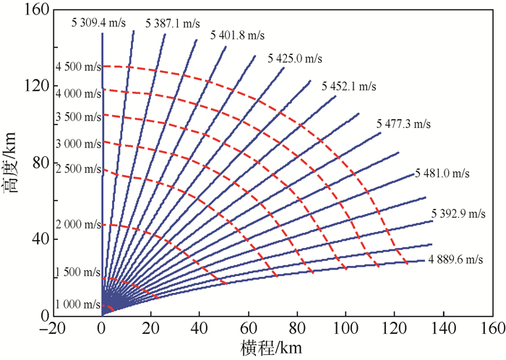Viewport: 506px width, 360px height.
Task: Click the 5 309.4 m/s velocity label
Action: pos(99,22)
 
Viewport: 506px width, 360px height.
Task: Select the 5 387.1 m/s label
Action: pos(172,23)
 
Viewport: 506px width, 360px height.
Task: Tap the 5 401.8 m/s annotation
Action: pos(238,35)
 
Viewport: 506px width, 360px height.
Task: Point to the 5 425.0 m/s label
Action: pos(295,58)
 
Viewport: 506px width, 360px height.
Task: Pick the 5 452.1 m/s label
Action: pos(349,86)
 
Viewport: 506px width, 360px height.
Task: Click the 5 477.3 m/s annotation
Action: pos(403,124)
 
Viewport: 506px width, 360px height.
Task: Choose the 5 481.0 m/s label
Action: pos(442,173)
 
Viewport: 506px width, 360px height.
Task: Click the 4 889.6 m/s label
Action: pos(455,259)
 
